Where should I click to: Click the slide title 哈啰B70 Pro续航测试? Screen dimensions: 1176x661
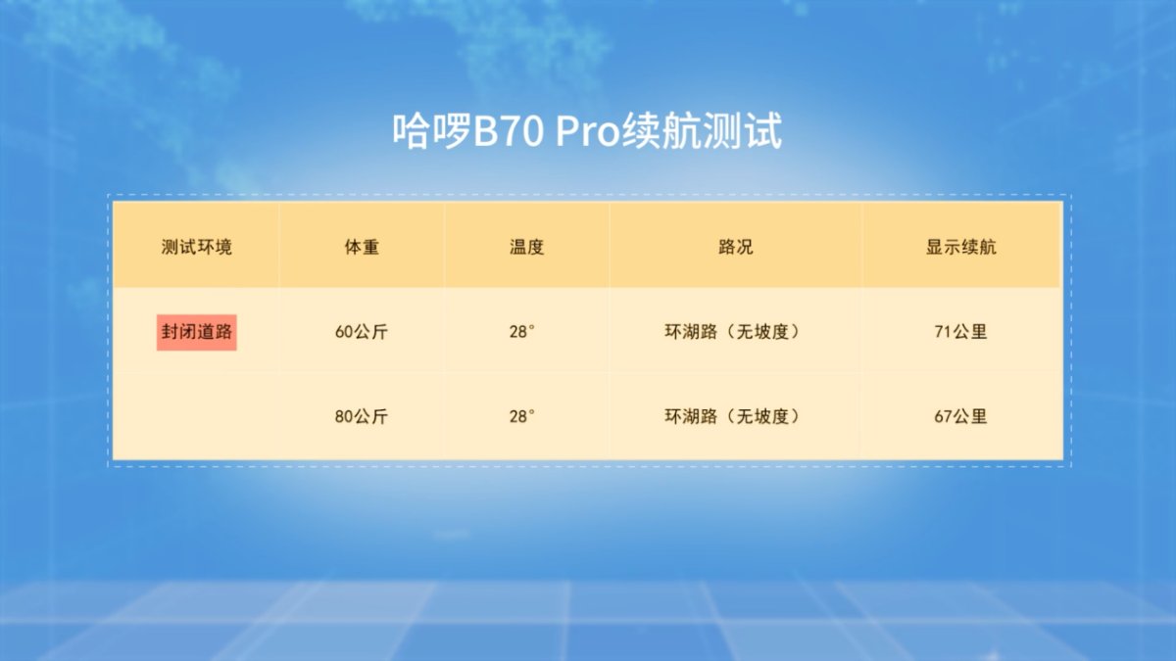587,131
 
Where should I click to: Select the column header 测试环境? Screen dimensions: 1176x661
196,247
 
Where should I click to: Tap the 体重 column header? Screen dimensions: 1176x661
362,247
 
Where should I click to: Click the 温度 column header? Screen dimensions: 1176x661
526,247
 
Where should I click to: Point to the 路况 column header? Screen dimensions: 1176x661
736,247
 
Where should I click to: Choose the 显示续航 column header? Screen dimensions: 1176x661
960,247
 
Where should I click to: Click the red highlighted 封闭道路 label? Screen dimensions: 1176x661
196,332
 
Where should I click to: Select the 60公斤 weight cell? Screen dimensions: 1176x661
362,332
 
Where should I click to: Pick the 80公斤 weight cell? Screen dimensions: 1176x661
362,416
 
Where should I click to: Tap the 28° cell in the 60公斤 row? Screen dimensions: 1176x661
521,332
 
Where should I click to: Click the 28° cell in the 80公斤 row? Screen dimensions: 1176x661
521,416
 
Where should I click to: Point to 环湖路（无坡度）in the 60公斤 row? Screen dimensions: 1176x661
733,332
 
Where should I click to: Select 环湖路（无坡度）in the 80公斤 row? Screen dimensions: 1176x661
733,416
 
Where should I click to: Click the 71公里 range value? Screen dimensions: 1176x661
960,332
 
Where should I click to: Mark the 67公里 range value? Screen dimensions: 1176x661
960,416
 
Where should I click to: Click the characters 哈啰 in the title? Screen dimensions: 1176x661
432,131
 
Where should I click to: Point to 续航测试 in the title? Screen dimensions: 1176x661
703,131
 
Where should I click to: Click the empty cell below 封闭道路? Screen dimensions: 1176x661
196,416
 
